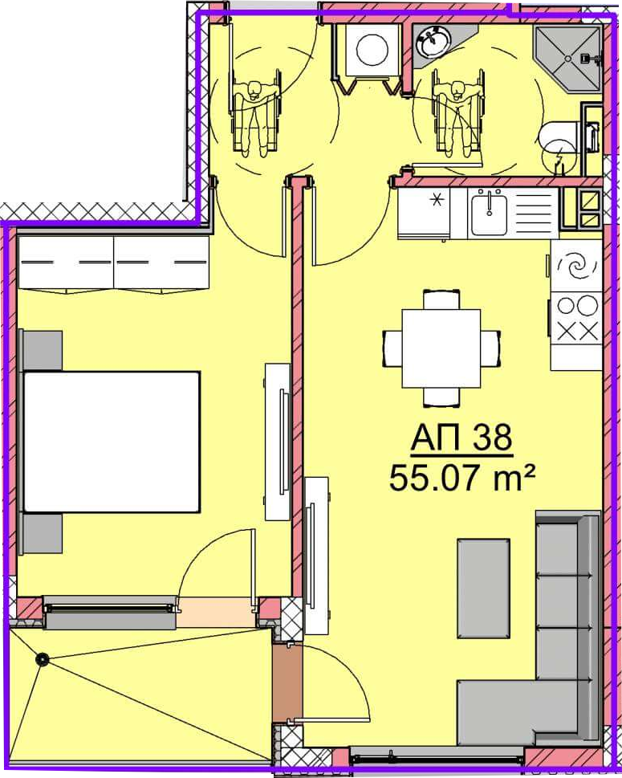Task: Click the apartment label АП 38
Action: [x=461, y=438]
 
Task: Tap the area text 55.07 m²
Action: [x=462, y=479]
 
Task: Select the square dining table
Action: [x=441, y=348]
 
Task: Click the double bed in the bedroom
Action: [x=112, y=442]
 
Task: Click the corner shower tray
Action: [x=568, y=59]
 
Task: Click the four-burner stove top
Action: [x=577, y=318]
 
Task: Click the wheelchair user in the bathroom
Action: [x=457, y=114]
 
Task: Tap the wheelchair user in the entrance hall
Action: [x=255, y=114]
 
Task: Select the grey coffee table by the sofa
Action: [x=484, y=588]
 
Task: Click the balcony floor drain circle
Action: [x=43, y=659]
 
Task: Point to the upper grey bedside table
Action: [x=42, y=350]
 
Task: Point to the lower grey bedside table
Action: [x=42, y=533]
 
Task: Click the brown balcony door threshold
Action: [x=287, y=684]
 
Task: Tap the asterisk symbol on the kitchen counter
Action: [x=437, y=201]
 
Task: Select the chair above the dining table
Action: [x=441, y=299]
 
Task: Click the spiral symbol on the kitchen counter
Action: [x=577, y=267]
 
